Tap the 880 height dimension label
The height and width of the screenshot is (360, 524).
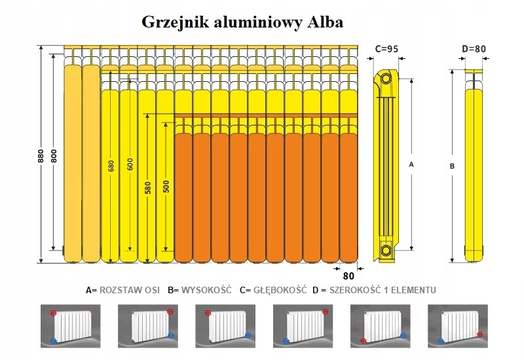tap(41, 156)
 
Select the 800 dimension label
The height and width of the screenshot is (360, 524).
tap(54, 156)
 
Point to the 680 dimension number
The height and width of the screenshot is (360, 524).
tap(111, 166)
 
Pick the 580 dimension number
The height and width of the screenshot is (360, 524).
tap(148, 187)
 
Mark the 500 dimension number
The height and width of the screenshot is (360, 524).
tap(166, 187)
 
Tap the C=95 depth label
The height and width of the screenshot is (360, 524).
tap(387, 48)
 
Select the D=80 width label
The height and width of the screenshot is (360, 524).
tap(474, 48)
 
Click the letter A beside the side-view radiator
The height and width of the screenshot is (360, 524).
tap(411, 165)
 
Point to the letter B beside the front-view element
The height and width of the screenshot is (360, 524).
tap(451, 166)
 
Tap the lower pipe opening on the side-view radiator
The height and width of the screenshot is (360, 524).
tap(386, 249)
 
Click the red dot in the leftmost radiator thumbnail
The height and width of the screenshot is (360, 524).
tap(53, 314)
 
